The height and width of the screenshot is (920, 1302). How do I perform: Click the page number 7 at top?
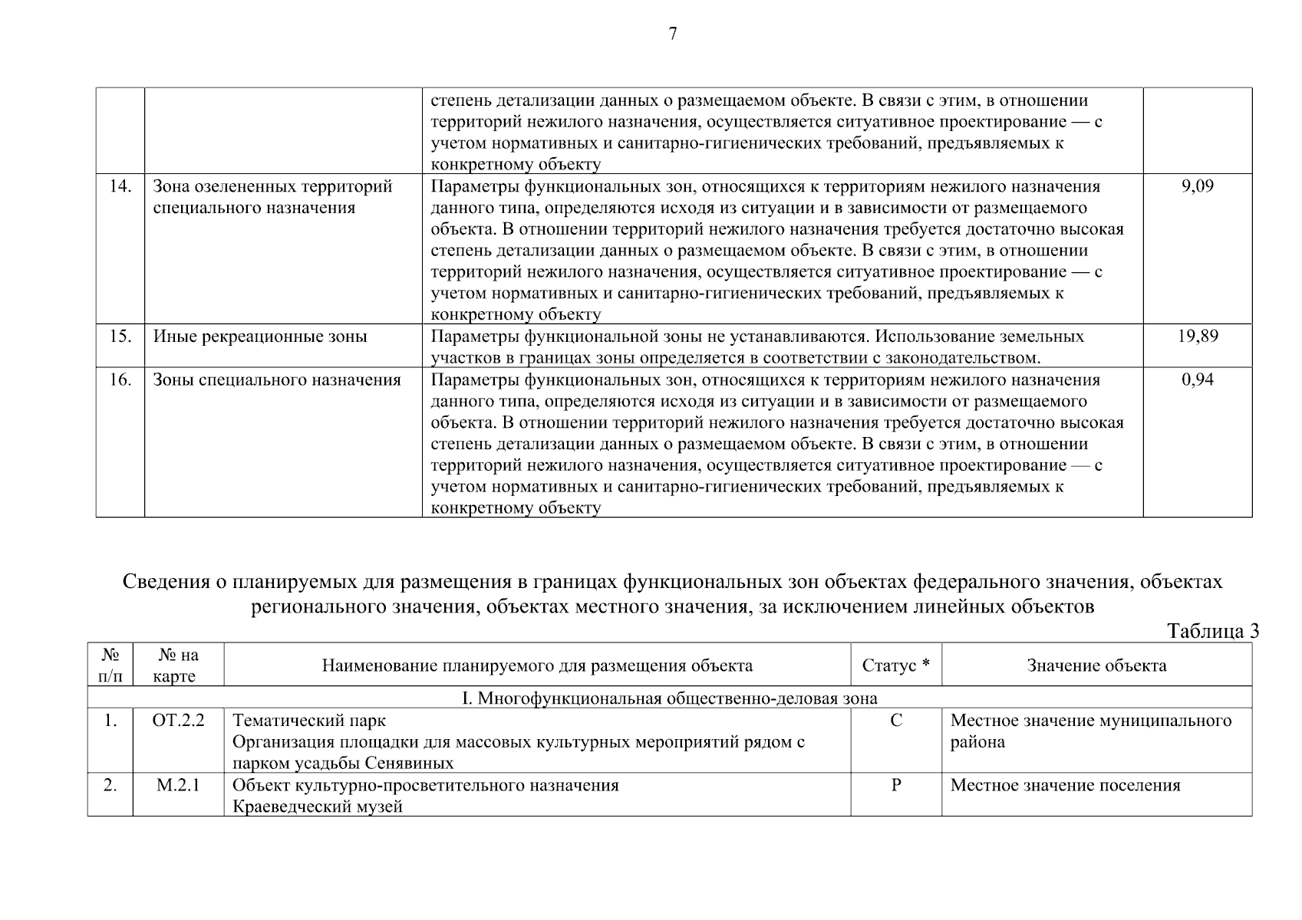click(x=673, y=34)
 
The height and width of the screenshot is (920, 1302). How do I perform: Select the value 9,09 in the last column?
click(x=1197, y=186)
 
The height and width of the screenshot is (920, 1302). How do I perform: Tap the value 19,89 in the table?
click(x=1197, y=336)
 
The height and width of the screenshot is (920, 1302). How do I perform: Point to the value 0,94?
click(x=1197, y=379)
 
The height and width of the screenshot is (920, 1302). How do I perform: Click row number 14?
click(x=120, y=186)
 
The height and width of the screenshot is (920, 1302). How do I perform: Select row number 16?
click(x=120, y=379)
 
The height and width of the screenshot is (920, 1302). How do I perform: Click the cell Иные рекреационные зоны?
click(x=260, y=337)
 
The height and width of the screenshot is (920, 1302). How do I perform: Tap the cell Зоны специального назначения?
click(x=277, y=379)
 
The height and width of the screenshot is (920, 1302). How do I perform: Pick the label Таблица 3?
click(x=1212, y=631)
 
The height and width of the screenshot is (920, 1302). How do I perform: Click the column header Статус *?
click(x=895, y=665)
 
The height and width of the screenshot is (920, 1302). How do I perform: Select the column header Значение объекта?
click(x=1096, y=665)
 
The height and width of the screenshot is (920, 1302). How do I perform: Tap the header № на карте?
click(x=178, y=665)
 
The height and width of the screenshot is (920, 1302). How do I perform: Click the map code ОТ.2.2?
click(x=178, y=721)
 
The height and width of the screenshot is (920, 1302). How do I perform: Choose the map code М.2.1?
click(x=178, y=785)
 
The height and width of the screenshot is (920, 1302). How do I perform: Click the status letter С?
click(x=895, y=721)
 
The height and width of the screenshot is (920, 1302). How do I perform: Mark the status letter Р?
click(x=895, y=785)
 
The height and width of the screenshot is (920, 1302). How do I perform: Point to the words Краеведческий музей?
click(x=317, y=807)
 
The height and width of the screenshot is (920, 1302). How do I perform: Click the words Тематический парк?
click(x=308, y=721)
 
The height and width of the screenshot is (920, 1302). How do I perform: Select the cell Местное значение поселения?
click(x=1065, y=785)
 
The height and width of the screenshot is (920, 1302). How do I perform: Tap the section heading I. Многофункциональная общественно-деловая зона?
click(x=669, y=698)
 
